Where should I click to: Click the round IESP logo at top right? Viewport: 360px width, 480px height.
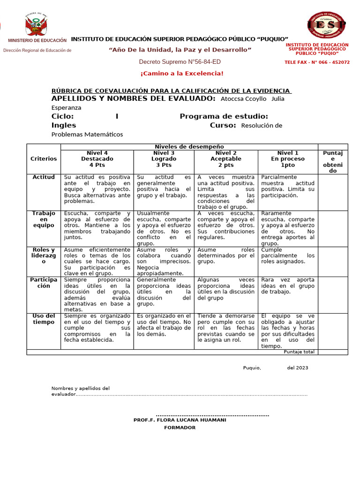tap(327, 24)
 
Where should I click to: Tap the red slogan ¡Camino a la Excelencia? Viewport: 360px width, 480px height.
tap(182, 74)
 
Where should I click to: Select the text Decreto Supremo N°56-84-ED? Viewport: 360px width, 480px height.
tap(180, 62)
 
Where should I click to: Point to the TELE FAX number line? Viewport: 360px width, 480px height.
tap(317, 62)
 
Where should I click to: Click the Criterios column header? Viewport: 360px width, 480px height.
tap(44, 159)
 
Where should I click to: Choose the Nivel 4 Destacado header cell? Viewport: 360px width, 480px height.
tap(97, 159)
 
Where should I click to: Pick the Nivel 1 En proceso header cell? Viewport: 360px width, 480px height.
tap(287, 159)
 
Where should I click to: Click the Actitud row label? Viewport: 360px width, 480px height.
tap(44, 177)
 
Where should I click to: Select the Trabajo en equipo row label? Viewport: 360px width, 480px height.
tap(44, 219)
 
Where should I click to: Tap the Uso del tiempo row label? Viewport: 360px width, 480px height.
tap(44, 319)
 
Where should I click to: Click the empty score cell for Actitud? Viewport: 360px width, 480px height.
tap(333, 192)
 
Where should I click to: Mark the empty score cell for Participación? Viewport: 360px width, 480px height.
tap(333, 294)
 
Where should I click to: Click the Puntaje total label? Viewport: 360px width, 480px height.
tap(299, 352)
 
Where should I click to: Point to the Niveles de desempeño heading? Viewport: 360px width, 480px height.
tap(189, 147)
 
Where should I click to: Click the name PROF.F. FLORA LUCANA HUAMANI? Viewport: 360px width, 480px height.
tap(180, 420)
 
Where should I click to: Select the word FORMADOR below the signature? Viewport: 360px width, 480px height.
tap(180, 427)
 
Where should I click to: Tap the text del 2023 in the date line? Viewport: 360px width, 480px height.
tap(298, 368)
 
